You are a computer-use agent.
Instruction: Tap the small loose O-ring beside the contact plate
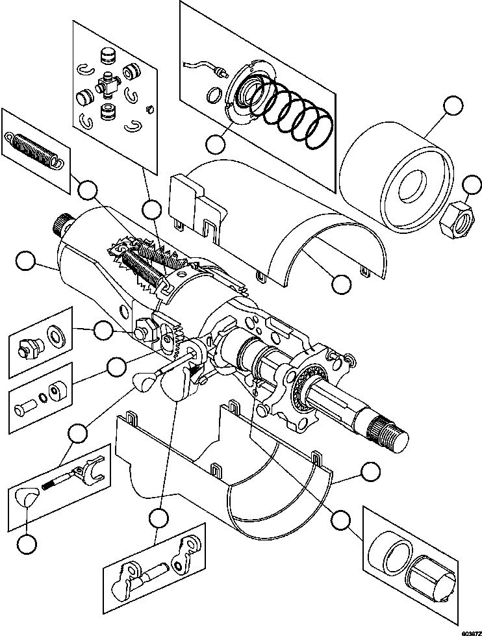coord(212,98)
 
